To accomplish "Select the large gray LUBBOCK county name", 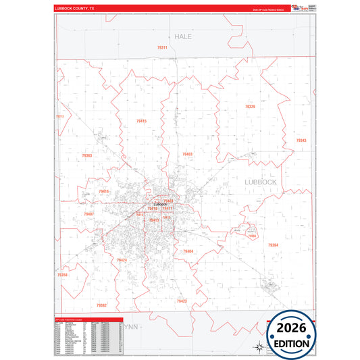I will (259, 182).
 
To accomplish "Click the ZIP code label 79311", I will (162, 48).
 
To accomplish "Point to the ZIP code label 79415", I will (141, 121).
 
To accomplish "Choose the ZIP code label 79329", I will (250, 107).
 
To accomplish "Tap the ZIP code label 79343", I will (301, 140).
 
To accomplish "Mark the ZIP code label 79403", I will (187, 154).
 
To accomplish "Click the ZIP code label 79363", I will (87, 155).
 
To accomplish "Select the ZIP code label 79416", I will (103, 192).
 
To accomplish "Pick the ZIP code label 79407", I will (88, 213).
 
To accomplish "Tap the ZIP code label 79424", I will (122, 259).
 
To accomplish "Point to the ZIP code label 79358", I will (62, 275).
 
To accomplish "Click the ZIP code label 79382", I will (101, 305).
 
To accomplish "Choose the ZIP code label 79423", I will (182, 301).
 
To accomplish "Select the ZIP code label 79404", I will (188, 251).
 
